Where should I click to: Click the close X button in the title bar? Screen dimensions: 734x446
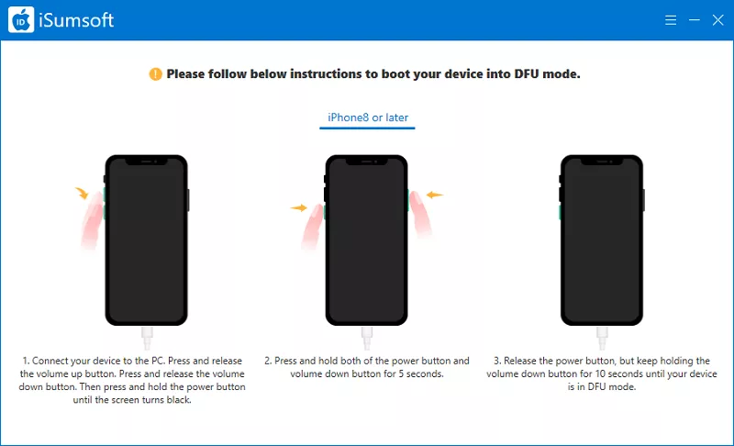point(717,20)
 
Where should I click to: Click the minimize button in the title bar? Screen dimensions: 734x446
point(695,20)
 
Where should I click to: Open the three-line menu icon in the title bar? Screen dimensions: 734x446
point(671,20)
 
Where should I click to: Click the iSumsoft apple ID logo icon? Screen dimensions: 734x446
point(21,19)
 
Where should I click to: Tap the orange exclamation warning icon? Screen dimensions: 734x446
point(155,74)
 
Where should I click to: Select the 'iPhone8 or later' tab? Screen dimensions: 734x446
point(368,117)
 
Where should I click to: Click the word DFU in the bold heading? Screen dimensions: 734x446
point(527,74)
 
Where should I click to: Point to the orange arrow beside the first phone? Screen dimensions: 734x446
point(82,193)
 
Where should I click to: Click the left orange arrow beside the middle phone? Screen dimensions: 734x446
point(299,207)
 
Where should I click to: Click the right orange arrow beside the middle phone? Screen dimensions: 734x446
point(434,195)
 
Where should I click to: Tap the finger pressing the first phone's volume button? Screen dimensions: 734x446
point(93,220)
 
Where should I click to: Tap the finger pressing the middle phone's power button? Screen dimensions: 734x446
point(420,213)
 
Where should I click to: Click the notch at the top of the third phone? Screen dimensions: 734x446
point(602,161)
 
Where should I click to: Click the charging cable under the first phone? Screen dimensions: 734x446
point(147,338)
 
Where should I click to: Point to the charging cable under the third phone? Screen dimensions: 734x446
point(602,338)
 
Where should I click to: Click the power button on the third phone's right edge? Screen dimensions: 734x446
point(644,200)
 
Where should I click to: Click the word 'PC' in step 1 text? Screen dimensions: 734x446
point(158,361)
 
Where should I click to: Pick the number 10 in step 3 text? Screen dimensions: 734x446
point(600,374)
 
